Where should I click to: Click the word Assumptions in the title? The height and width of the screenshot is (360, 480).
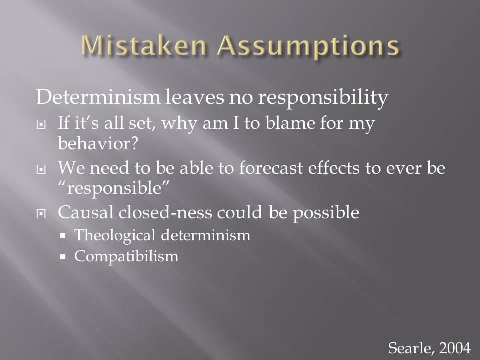(x=308, y=47)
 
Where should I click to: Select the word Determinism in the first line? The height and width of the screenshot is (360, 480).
(x=98, y=97)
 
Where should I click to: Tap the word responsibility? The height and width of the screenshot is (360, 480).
(x=323, y=98)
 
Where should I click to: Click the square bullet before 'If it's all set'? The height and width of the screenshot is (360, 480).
(x=41, y=124)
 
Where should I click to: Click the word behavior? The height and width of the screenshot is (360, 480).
(x=98, y=143)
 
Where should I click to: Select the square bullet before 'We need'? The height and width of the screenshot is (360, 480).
(x=41, y=169)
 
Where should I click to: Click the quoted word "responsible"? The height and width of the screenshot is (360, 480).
(x=113, y=188)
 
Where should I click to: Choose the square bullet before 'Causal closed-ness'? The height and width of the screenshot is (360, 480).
(x=41, y=213)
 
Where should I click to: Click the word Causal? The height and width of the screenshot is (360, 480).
(x=86, y=212)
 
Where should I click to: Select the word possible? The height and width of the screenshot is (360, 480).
(x=326, y=213)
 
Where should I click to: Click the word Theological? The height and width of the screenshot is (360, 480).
(x=115, y=235)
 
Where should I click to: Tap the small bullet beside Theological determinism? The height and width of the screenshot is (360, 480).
(x=63, y=236)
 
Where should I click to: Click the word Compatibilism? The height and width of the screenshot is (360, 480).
(x=126, y=257)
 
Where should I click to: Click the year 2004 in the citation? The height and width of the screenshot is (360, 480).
(x=455, y=348)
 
